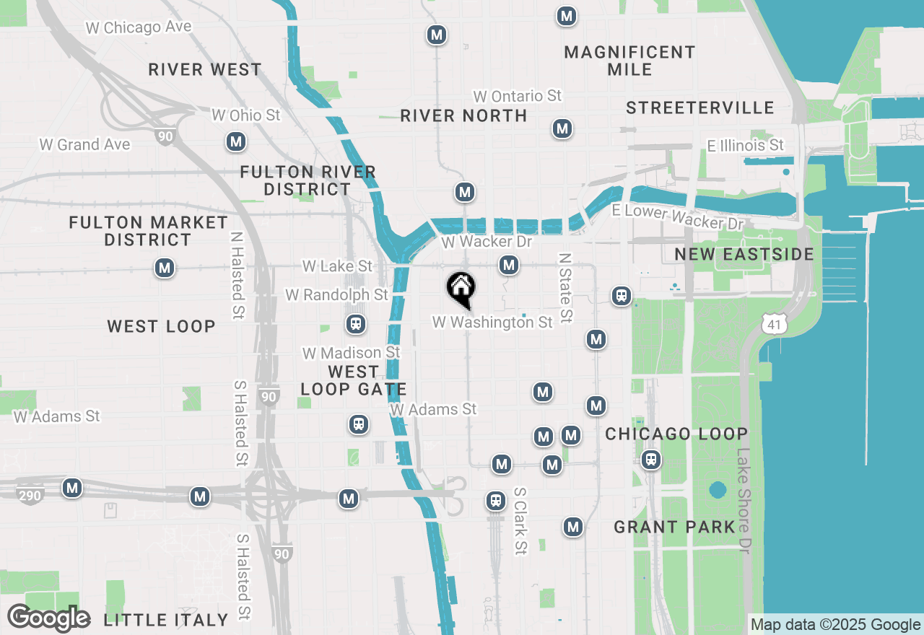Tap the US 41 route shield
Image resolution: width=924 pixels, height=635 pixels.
coord(773,325)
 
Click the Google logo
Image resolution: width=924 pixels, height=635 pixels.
coord(48,618)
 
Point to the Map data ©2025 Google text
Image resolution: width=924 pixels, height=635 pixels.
coord(835,625)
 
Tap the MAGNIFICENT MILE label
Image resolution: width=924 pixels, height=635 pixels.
coord(629,61)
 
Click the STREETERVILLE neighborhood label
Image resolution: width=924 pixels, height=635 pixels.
coord(699,108)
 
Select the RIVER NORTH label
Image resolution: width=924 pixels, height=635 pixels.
coord(463,115)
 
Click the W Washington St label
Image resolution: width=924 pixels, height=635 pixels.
coord(492,322)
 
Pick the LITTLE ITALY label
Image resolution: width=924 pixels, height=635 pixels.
coord(166,620)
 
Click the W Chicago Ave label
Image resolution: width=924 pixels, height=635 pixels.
coord(139,27)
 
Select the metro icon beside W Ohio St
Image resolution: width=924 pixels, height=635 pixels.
coord(235,141)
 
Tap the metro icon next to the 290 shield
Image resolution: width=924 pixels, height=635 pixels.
coord(71,488)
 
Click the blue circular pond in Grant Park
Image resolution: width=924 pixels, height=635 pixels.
coord(717,491)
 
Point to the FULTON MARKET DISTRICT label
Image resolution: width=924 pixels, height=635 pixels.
coord(149,231)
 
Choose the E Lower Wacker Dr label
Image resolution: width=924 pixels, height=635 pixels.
coord(676,216)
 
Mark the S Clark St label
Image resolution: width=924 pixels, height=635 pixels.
coord(520,521)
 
